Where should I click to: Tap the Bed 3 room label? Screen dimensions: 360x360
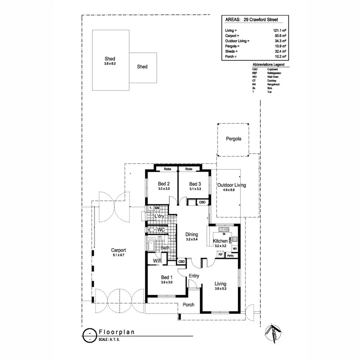pos(195,184)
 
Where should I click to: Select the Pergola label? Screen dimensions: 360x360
pos(233,139)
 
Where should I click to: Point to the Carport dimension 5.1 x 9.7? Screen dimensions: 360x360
pos(119,255)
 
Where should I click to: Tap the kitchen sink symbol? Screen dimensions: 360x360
pos(223,230)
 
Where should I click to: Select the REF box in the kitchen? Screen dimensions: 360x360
pos(220,254)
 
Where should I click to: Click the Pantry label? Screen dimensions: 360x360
pos(230,256)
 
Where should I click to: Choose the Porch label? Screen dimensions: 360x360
pos(188,305)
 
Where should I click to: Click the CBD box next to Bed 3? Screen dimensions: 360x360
pos(202,202)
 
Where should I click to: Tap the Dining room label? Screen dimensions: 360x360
pos(192,235)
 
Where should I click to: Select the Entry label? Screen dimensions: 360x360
pos(194,276)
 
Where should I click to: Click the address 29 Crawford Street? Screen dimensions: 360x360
pos(261,19)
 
